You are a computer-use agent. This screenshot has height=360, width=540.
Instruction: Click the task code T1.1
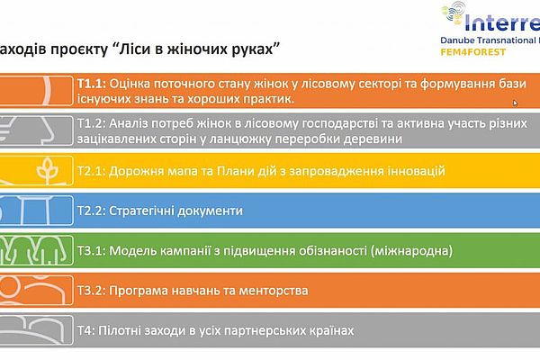point(91,84)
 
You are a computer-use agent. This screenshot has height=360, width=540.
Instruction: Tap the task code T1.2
point(91,123)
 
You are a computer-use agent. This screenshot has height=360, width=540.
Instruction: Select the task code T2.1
point(91,171)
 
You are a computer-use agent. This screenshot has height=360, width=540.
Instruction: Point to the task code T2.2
point(91,211)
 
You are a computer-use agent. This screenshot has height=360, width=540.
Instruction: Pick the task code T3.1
point(91,251)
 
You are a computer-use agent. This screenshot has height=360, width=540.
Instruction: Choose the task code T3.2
point(91,291)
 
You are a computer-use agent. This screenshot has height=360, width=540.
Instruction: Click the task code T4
point(85,330)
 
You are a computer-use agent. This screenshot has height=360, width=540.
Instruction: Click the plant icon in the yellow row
point(48,170)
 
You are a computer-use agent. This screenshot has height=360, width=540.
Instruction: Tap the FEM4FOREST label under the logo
point(473,52)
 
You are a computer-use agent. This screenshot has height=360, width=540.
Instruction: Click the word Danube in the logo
point(456,40)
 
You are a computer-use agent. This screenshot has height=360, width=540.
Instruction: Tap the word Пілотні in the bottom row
point(120,330)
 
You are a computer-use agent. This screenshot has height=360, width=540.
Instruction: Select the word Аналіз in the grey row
point(126,123)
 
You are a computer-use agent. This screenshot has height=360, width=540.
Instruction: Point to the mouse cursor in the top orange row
point(515,103)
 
